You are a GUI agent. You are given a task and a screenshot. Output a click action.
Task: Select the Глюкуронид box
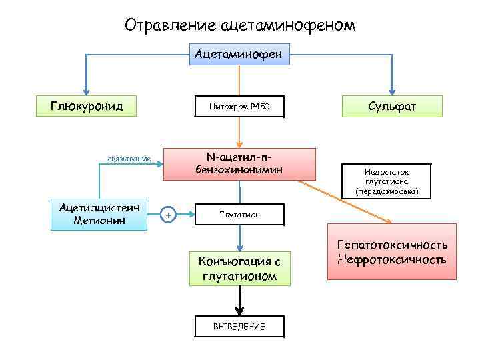(x=86, y=105)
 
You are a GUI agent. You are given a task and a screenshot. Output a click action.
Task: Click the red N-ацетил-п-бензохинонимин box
(x=239, y=164)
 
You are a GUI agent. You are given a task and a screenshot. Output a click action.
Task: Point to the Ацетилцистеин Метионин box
(x=99, y=215)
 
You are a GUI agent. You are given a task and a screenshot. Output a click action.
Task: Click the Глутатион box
(x=239, y=215)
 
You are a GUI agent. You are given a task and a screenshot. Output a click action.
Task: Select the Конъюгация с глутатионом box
(x=239, y=267)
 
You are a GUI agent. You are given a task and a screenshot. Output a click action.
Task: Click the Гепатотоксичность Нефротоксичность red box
(x=391, y=252)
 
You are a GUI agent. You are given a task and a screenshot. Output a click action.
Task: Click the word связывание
(x=129, y=159)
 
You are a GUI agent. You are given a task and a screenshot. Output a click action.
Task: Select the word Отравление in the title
(x=169, y=25)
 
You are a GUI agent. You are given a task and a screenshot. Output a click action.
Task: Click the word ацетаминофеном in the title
(x=286, y=25)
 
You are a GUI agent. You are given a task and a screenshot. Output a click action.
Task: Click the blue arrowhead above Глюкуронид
(x=86, y=91)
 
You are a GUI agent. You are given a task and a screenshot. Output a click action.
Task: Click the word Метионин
(x=99, y=221)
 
